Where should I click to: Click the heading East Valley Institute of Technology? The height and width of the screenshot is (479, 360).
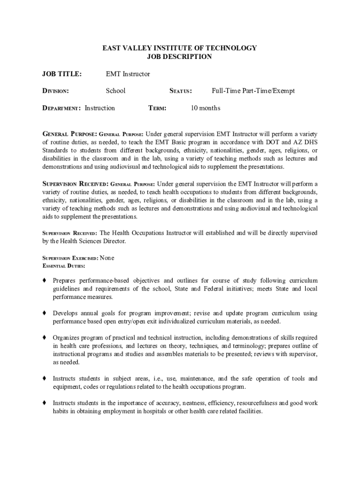coord(180,48)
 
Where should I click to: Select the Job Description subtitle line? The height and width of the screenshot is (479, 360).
coord(180,57)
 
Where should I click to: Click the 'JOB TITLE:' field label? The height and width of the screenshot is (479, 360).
coord(62,74)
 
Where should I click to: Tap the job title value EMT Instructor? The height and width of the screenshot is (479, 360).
coord(128,74)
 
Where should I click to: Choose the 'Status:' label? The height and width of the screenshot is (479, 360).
coord(180,91)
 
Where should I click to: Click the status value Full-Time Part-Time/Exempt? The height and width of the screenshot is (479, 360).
coord(253,91)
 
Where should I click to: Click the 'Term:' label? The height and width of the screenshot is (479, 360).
coord(158,108)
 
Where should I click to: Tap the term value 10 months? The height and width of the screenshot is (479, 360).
coord(205,108)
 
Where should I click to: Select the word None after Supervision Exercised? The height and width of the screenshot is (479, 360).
coord(107,258)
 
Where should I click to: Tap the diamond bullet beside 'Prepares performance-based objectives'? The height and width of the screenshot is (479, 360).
coord(44,281)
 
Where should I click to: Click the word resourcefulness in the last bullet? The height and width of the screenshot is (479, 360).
coord(257,403)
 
